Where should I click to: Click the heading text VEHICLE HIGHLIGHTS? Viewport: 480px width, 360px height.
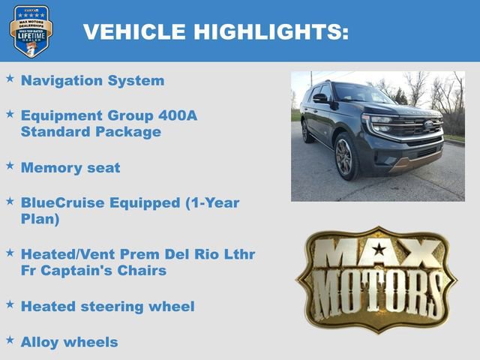pyautogui.click(x=215, y=31)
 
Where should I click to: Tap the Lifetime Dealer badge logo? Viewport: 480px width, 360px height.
pyautogui.click(x=31, y=31)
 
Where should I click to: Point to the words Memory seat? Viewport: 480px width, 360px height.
pyautogui.click(x=70, y=167)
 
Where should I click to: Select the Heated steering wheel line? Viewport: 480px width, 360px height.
pyautogui.click(x=108, y=306)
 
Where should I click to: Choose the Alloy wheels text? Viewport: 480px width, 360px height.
pyautogui.click(x=70, y=342)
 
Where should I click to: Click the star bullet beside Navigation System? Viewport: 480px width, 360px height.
pyautogui.click(x=10, y=78)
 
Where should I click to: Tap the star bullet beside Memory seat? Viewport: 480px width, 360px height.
pyautogui.click(x=10, y=166)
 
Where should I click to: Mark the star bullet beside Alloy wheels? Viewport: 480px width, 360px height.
pyautogui.click(x=10, y=340)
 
